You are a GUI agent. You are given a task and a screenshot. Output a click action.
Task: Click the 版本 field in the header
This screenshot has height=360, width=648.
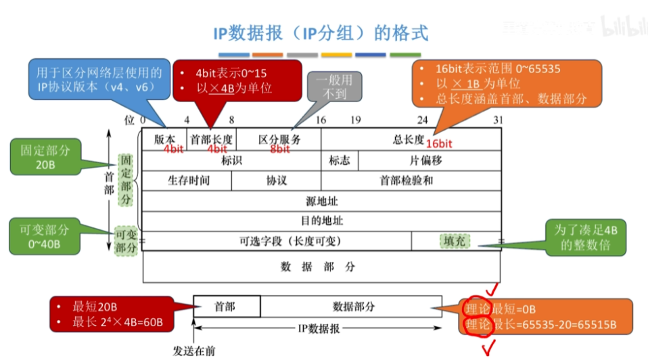pos(164,139)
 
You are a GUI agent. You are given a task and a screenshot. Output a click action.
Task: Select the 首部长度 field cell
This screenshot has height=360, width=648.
pos(211,139)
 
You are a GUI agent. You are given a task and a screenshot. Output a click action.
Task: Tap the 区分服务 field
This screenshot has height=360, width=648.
pos(279,139)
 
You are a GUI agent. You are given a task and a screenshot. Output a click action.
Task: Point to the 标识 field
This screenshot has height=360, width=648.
pos(231,161)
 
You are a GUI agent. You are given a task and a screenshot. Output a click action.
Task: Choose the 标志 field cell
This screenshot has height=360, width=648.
pos(340,161)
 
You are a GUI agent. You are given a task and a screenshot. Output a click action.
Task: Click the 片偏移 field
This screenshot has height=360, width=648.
pos(430,161)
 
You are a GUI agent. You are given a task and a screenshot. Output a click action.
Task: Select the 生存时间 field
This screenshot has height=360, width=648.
pos(188,181)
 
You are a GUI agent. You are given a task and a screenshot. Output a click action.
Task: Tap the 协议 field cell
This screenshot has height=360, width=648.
pos(276,181)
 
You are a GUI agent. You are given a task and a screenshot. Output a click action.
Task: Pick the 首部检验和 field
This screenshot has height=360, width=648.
pos(411,181)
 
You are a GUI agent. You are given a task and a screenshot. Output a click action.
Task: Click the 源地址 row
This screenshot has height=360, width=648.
pos(321,201)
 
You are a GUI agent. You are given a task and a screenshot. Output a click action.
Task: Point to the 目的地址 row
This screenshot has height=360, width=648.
pos(321,221)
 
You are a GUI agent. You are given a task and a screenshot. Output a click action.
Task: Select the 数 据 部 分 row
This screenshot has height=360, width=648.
pos(321,267)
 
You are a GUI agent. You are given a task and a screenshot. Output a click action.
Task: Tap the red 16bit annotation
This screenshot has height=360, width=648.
pos(439,144)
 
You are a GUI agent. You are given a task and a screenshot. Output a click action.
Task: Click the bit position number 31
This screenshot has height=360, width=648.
pos(499,119)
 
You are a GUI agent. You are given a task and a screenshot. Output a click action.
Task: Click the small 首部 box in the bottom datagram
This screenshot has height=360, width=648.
pos(227,307)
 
